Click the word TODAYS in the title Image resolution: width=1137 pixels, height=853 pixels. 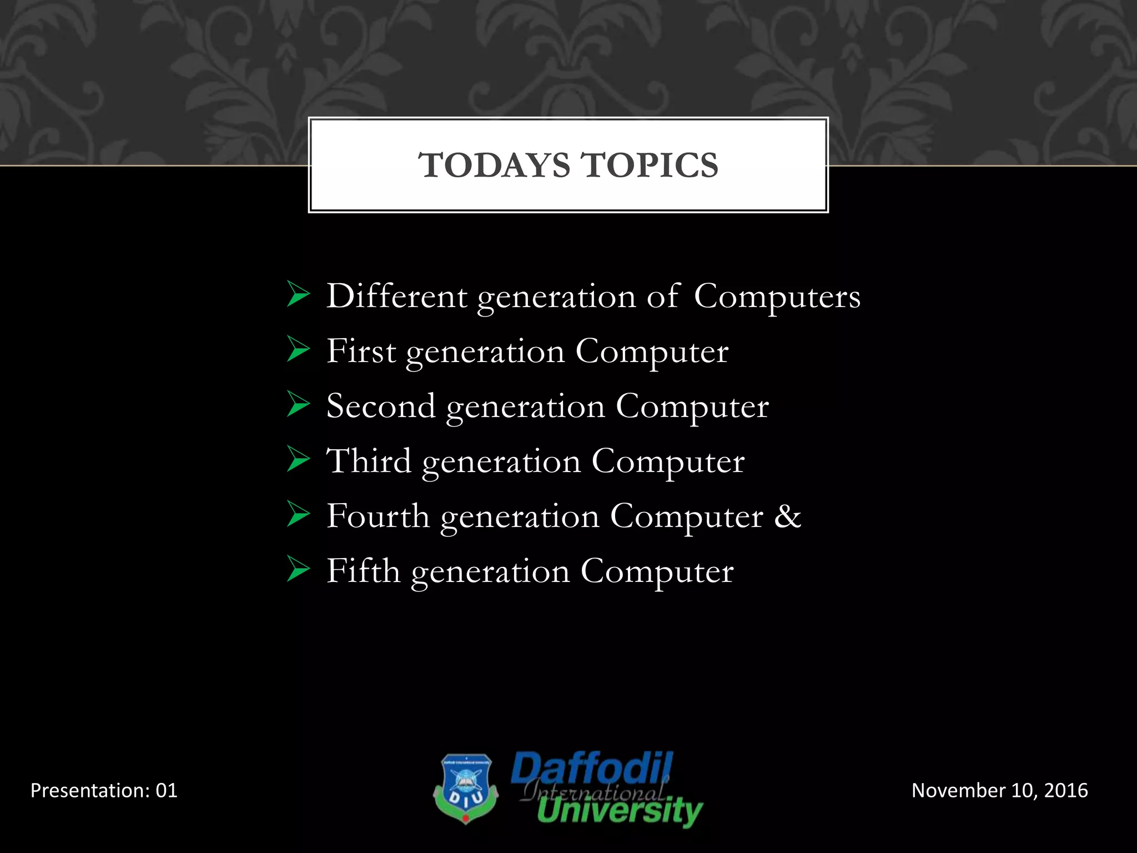(x=494, y=165)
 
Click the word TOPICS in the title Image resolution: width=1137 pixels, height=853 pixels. (x=649, y=165)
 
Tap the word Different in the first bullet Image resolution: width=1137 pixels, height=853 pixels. (x=396, y=296)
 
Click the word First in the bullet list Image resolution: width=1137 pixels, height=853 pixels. (x=361, y=351)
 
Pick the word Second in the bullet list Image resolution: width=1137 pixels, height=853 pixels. (x=381, y=406)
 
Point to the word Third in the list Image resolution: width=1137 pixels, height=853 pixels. (x=369, y=461)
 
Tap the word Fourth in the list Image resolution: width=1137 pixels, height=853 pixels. (x=378, y=516)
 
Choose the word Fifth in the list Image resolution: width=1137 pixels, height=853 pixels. (x=363, y=571)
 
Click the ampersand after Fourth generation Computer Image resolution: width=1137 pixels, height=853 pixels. (x=788, y=516)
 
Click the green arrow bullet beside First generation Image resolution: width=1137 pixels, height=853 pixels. (x=298, y=350)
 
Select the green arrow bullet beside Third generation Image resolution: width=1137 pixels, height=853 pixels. (x=298, y=460)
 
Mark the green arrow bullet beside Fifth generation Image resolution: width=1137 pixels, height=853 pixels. (x=298, y=570)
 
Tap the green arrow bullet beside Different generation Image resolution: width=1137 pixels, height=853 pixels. (x=298, y=295)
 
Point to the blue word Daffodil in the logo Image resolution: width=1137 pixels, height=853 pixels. (x=592, y=769)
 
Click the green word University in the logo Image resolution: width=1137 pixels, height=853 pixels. (x=620, y=811)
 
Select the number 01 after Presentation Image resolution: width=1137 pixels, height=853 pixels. (x=166, y=790)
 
